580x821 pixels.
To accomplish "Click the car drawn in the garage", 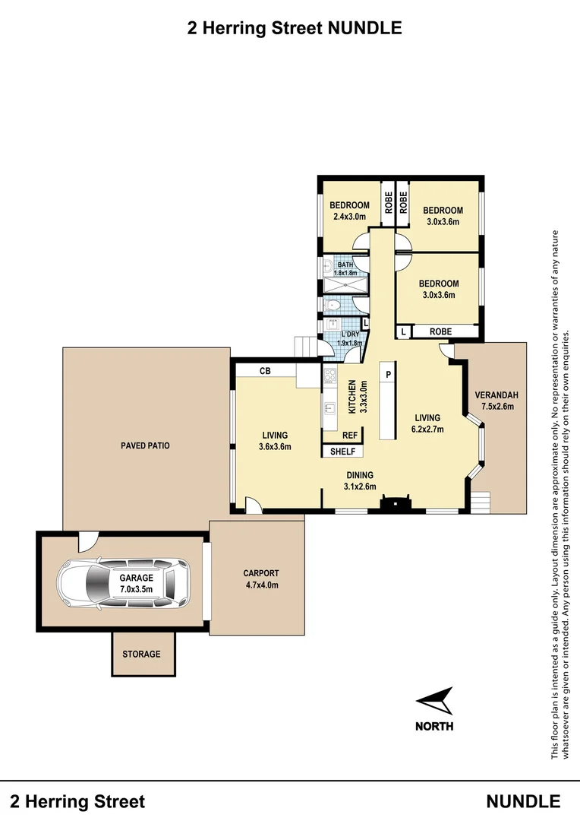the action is click(x=124, y=584).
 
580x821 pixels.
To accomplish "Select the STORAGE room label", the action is click(x=141, y=654).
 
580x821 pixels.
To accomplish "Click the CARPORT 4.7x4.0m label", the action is click(x=261, y=579).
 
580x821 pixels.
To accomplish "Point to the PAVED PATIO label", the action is click(x=146, y=445).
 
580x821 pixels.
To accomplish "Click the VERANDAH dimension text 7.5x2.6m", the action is click(x=497, y=406).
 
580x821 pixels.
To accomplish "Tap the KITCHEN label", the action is click(x=352, y=397).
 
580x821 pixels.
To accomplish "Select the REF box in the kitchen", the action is click(x=350, y=435).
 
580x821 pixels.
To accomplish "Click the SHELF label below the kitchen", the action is click(x=342, y=452).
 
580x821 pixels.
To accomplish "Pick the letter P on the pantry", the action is click(x=388, y=374).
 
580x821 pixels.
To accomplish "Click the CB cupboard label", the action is click(x=265, y=371).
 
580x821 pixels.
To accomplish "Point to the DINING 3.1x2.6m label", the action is click(x=360, y=480).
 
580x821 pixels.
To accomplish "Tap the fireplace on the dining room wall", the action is click(x=395, y=504).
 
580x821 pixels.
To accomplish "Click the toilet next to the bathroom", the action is click(x=333, y=306).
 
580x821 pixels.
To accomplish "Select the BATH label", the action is click(x=345, y=265).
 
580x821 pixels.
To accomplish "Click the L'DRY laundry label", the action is click(x=350, y=334).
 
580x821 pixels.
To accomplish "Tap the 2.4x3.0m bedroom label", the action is click(x=349, y=216).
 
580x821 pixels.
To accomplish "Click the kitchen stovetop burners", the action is click(x=329, y=376).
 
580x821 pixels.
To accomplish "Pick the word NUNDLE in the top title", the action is click(x=364, y=28).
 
